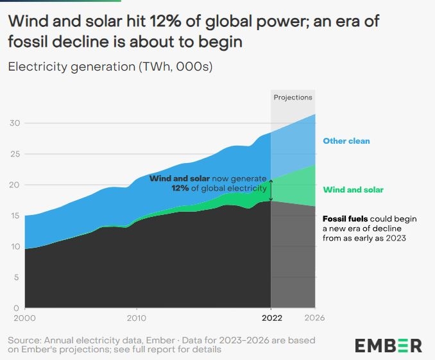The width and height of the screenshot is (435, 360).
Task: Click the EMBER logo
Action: point(389,345)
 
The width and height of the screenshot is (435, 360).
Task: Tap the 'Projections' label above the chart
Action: point(293,98)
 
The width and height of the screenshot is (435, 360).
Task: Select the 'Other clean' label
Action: point(346,141)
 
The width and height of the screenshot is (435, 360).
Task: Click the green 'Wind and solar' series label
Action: point(353,190)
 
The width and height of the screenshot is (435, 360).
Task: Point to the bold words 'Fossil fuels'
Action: point(345,219)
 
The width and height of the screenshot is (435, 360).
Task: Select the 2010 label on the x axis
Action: point(136,318)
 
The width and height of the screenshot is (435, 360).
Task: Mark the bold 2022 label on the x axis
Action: point(271,318)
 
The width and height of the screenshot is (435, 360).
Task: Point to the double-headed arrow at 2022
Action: point(271,191)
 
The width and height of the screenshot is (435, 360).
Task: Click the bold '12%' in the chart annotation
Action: point(180,188)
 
